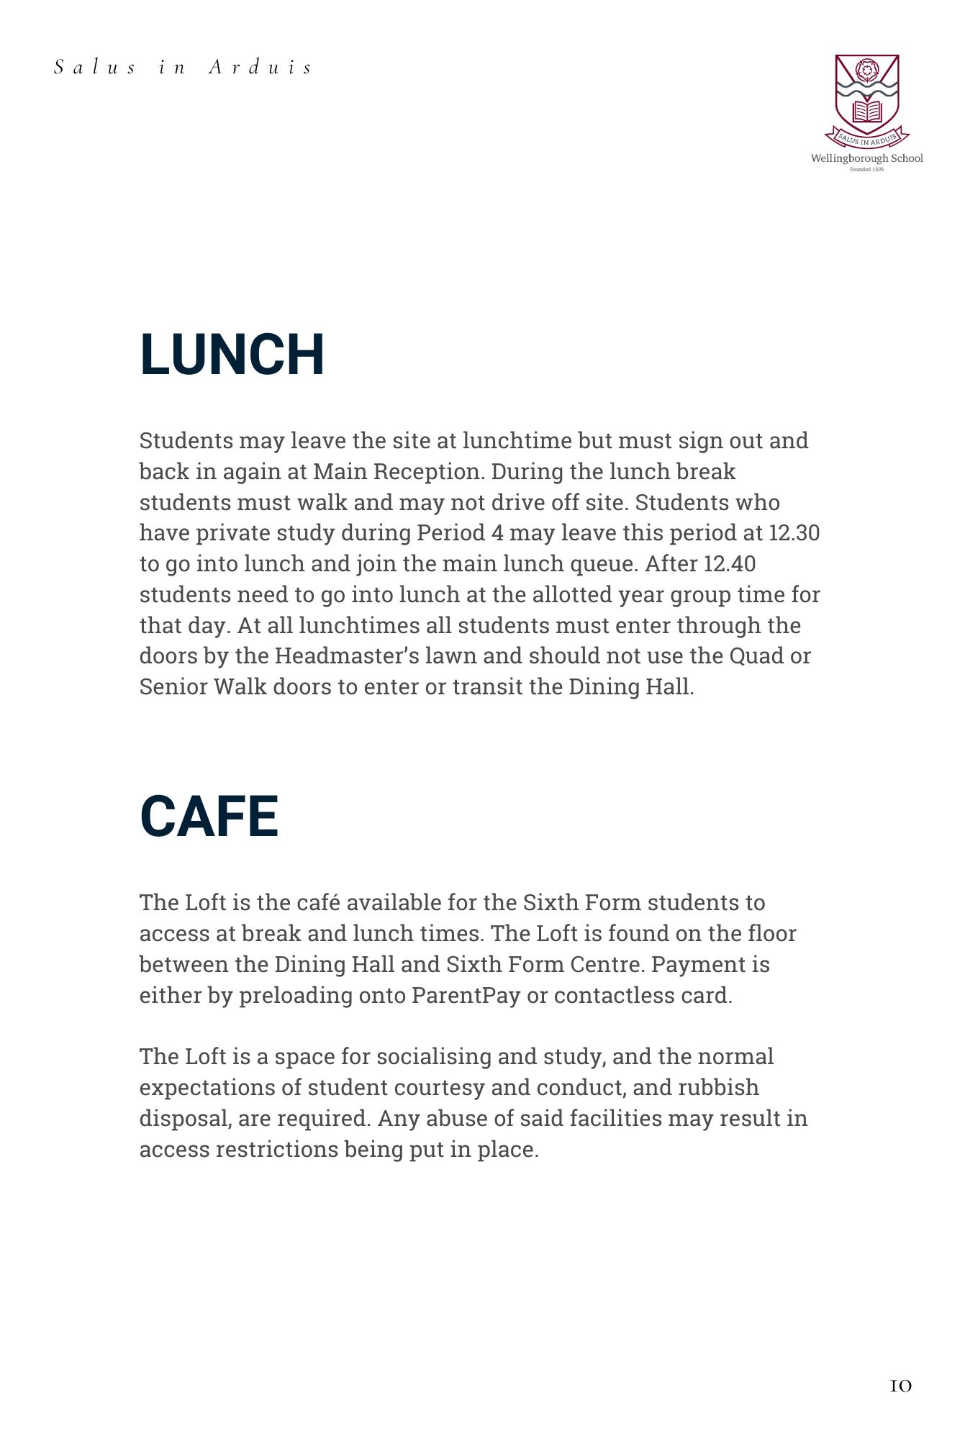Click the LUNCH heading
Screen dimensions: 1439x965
[x=232, y=355]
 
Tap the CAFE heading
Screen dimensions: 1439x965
[x=209, y=817]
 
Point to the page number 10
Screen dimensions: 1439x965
[x=900, y=1386]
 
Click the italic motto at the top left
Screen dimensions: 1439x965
[x=184, y=68]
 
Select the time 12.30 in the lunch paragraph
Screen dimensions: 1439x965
[x=794, y=533]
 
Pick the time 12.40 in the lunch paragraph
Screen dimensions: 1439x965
[x=730, y=564]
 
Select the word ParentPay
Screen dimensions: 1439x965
[x=466, y=996]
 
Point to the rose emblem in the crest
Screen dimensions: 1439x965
[x=866, y=71]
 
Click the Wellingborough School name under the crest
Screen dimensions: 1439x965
[x=866, y=158]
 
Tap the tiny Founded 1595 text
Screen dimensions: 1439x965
[x=866, y=170]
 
